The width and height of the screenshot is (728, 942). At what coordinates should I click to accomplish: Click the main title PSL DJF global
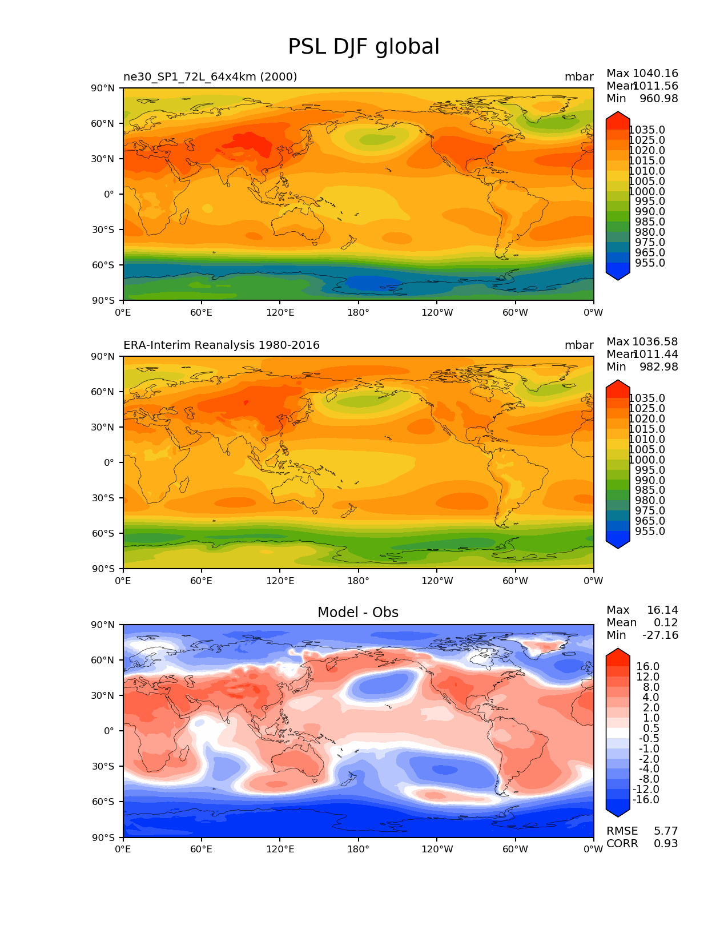pos(364,47)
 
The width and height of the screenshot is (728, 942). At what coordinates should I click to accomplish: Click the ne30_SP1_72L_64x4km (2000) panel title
pos(210,77)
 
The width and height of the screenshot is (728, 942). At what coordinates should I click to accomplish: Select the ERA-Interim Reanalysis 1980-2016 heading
pos(222,345)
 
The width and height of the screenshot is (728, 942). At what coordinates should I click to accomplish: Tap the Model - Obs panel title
pos(358,613)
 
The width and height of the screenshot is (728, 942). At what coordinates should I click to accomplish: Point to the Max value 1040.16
pos(655,74)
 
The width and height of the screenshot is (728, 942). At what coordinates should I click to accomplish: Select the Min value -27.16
pos(660,635)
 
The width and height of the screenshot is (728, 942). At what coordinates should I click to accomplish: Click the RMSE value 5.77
pos(666,831)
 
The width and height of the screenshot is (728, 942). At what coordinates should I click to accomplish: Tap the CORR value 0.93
pos(666,844)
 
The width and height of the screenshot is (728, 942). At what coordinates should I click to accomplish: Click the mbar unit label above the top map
pos(579,77)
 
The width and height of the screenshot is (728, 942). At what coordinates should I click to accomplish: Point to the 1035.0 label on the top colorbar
pos(647,130)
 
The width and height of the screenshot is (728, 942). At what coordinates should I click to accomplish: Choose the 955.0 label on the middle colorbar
pos(650,532)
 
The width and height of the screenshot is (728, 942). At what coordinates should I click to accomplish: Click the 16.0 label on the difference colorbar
pos(648,667)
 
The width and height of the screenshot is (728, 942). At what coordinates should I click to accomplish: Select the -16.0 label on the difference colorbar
pos(646,800)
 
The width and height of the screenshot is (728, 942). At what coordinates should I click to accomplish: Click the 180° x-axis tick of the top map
pos(358,313)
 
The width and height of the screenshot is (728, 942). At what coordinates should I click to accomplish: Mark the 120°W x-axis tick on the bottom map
pos(437,850)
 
